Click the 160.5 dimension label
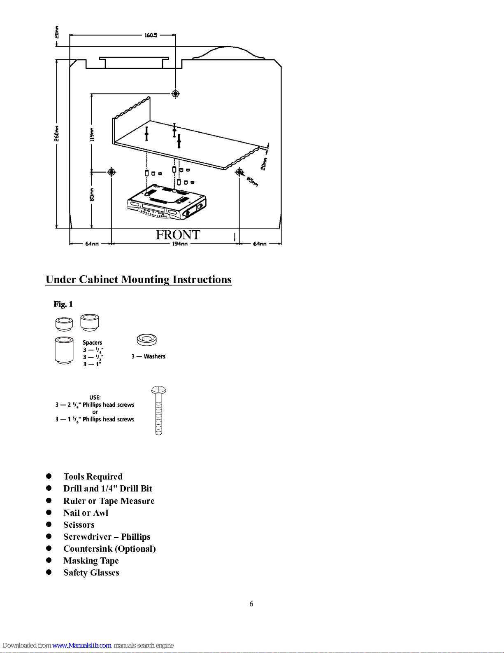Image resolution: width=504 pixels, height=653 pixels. [x=151, y=35]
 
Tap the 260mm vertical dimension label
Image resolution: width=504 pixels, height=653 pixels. [x=56, y=133]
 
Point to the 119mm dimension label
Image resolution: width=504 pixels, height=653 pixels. [x=92, y=134]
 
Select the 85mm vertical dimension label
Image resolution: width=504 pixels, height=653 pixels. [x=92, y=194]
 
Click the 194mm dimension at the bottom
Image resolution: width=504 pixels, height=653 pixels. [x=180, y=243]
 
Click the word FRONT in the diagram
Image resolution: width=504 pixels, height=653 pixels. [x=178, y=235]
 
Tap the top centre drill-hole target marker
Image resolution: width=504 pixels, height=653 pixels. [x=176, y=94]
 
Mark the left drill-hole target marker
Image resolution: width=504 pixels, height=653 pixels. [x=111, y=171]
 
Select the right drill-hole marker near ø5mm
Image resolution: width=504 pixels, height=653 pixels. [x=239, y=171]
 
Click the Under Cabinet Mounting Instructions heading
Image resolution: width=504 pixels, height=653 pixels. [x=139, y=279]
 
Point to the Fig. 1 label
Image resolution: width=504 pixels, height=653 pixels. [x=63, y=304]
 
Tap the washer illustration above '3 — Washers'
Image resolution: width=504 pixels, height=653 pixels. [x=146, y=340]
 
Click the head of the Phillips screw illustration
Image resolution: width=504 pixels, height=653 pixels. [x=158, y=389]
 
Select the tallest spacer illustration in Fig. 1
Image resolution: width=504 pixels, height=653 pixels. [x=64, y=350]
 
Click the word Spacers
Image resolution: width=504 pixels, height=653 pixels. [x=92, y=342]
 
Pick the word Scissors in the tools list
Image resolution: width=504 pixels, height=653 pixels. [x=79, y=524]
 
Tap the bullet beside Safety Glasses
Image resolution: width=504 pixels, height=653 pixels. [x=49, y=572]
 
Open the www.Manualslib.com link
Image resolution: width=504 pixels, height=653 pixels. [x=81, y=645]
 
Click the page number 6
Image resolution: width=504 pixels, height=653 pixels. [x=251, y=604]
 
